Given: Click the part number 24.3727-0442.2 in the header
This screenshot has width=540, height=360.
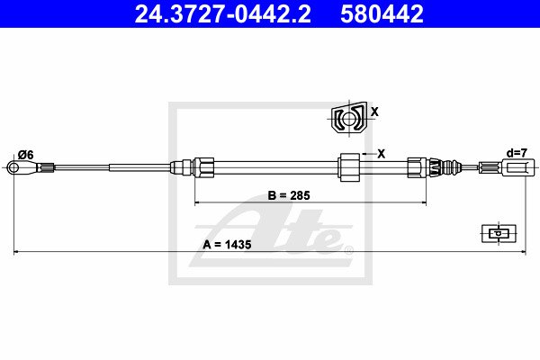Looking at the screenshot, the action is pos(223,14).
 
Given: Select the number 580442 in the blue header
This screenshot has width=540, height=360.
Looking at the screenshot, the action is pos(382,14).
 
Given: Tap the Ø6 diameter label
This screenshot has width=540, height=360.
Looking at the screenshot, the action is pos(26,155).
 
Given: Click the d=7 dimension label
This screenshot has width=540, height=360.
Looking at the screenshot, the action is pos(517,153).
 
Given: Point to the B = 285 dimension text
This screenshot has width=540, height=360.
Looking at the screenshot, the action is pos(289,195).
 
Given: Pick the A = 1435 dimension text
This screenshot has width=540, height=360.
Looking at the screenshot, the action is pos(227,245).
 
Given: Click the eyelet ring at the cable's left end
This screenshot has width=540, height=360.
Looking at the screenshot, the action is pos(13,167).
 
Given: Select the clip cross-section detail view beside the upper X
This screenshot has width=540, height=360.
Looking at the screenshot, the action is pos(349,119).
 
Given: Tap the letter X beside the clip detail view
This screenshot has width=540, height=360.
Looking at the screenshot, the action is pos(374,112).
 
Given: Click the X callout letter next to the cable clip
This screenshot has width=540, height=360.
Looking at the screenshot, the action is pos(382,154).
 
